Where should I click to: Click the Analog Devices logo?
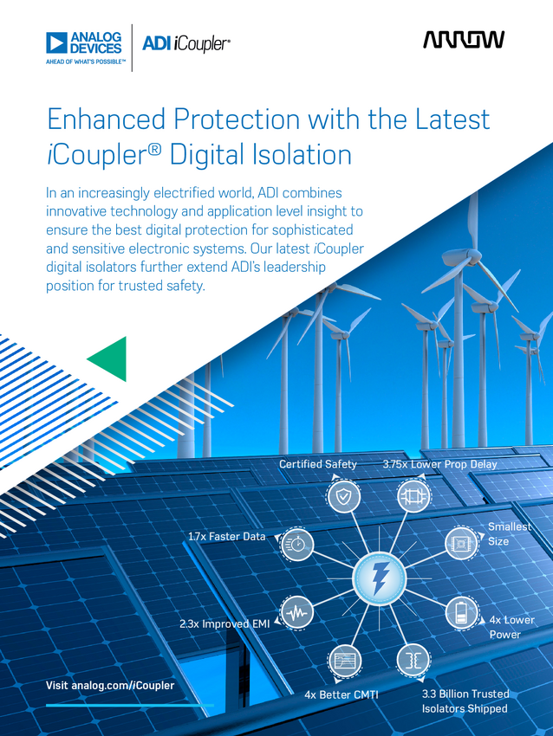(83, 47)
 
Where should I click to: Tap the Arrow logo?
(464, 40)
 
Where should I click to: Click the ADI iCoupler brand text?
(186, 44)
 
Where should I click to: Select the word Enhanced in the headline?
(107, 119)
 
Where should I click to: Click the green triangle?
(109, 358)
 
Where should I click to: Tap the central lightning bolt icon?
(379, 578)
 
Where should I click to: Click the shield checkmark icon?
(344, 496)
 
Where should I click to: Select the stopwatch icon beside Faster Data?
(297, 545)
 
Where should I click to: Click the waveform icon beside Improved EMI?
(297, 612)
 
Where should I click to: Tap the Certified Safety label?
(318, 464)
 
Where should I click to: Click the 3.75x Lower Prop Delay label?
(439, 464)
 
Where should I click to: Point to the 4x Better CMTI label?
(342, 694)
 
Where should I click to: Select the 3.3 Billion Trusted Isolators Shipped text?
(465, 701)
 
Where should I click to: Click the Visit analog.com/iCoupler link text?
(110, 685)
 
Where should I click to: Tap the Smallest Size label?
(510, 533)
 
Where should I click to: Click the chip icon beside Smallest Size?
(461, 543)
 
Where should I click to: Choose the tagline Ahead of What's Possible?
(86, 62)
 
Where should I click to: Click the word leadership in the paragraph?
(294, 267)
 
